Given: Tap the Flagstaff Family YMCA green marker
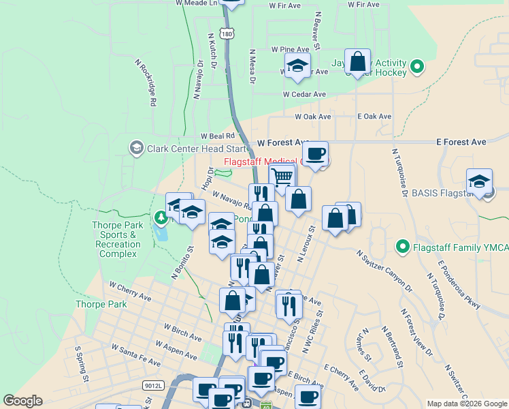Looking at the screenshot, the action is click(402, 247).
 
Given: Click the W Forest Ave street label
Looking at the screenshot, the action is click(283, 143).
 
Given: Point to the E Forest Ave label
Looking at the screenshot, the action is click(461, 142).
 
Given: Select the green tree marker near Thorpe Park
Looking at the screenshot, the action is click(161, 218).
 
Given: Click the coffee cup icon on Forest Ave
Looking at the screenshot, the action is click(315, 154).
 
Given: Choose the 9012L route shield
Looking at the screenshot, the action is click(154, 385).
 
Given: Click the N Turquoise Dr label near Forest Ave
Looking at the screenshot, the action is click(399, 172).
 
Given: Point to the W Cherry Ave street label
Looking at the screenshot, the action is click(129, 292).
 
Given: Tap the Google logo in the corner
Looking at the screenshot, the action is click(22, 400).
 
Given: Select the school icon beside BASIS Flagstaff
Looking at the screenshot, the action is click(480, 181).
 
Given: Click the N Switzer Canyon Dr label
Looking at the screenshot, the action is click(384, 271).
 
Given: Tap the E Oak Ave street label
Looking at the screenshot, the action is click(374, 117).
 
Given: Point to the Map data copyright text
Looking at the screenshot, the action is click(467, 404).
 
